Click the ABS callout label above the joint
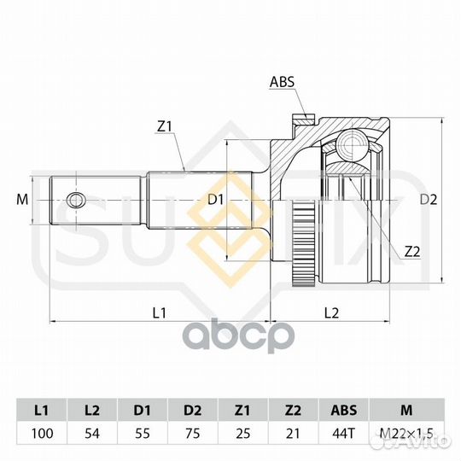(282, 82)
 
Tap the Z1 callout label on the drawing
(164, 126)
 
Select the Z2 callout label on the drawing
(412, 252)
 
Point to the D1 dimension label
(216, 200)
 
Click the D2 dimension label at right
(429, 200)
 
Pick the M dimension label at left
(22, 200)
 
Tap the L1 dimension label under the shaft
(160, 312)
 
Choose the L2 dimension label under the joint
(331, 312)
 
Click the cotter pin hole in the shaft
(76, 201)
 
